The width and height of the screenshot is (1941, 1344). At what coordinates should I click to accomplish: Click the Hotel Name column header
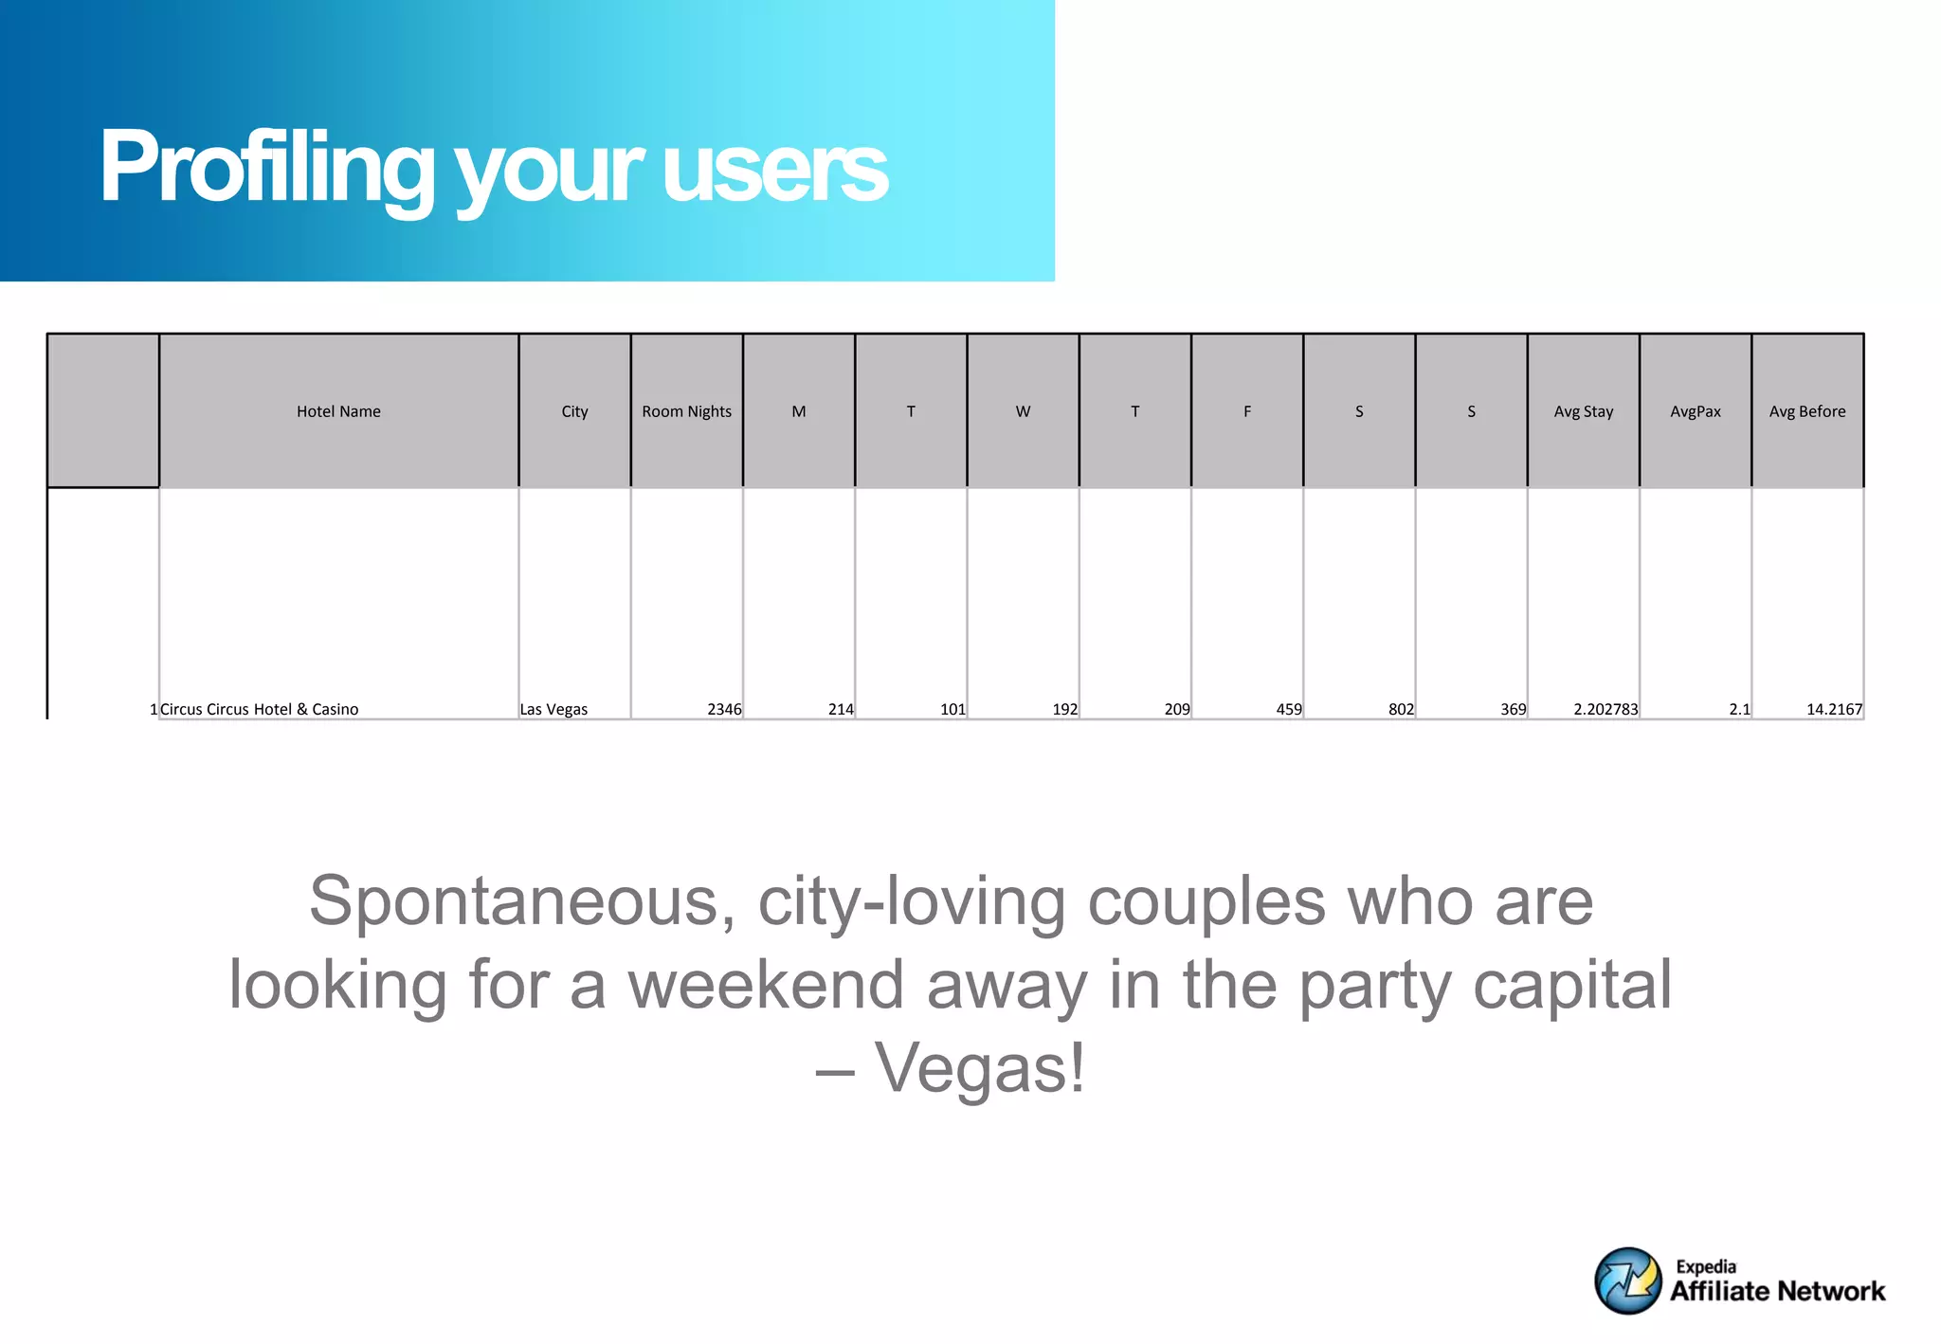(338, 411)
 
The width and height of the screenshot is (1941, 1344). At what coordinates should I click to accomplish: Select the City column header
(574, 411)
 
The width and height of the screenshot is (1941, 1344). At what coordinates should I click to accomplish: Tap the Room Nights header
(686, 411)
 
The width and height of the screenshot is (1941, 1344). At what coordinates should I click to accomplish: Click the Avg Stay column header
(1583, 411)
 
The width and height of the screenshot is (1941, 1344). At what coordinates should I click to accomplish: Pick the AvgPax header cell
(1695, 411)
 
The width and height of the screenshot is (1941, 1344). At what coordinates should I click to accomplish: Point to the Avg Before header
(1806, 411)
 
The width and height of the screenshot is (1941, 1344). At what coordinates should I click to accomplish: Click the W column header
(1023, 411)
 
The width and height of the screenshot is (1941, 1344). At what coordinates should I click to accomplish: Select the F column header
(1247, 411)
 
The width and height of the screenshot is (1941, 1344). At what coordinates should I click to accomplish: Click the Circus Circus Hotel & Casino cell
(259, 709)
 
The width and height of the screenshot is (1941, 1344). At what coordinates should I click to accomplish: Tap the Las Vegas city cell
(553, 709)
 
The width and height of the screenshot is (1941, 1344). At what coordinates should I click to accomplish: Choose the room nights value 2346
(724, 709)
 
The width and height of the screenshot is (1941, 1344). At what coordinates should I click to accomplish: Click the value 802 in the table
(1400, 709)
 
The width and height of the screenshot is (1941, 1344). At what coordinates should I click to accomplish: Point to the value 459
(1288, 709)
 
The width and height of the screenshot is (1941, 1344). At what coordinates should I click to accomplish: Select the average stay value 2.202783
(1605, 709)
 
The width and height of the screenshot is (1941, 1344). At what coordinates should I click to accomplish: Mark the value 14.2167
(1834, 709)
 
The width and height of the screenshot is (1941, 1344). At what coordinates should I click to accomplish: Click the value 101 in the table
(952, 709)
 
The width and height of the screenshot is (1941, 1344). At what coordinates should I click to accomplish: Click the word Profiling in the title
(266, 169)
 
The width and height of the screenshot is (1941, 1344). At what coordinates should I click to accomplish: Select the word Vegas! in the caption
(978, 1068)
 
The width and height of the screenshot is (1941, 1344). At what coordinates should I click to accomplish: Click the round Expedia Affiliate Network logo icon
(1627, 1280)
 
